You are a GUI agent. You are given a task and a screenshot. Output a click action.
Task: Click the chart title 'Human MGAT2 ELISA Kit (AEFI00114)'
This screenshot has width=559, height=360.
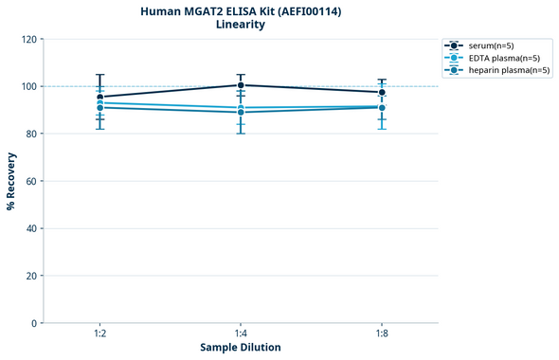tap(241, 11)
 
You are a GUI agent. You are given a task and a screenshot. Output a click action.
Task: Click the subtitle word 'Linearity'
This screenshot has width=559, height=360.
tap(241, 25)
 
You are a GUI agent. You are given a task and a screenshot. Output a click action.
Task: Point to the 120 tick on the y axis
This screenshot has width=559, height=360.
tap(30, 39)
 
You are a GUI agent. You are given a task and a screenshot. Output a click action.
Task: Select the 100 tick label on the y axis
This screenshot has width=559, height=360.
tap(30, 86)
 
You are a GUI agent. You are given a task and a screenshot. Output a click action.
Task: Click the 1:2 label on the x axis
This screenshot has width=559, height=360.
tap(99, 333)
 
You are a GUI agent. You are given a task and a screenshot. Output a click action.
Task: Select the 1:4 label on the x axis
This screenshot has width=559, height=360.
tap(241, 333)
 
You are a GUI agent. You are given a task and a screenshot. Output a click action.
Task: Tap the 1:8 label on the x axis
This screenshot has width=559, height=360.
tap(382, 333)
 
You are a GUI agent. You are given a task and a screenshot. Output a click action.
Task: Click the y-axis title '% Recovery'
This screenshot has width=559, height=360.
tap(11, 181)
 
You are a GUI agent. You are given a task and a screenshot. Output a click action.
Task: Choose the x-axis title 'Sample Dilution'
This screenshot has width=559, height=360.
tap(241, 348)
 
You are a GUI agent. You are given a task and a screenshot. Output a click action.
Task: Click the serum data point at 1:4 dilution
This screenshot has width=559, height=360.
tap(241, 85)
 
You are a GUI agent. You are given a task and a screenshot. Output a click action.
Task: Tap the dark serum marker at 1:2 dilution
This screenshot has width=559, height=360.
tap(99, 97)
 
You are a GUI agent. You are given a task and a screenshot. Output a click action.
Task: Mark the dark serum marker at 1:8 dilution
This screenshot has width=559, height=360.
tap(382, 92)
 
